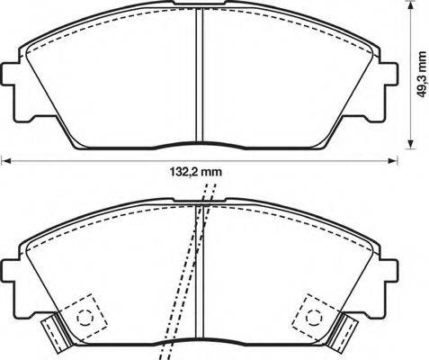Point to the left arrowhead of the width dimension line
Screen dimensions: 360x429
pos(4,162)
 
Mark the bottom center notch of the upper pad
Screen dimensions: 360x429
pos(200,144)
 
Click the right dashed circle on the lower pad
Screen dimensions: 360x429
pos(316,316)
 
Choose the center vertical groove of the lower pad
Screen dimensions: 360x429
pos(199,270)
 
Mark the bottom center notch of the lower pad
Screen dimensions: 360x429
pos(200,343)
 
